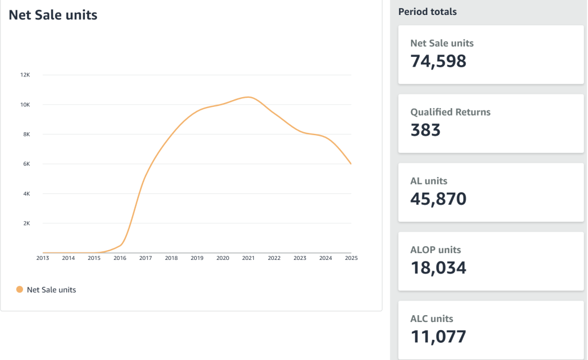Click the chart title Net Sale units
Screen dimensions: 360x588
pyautogui.click(x=53, y=16)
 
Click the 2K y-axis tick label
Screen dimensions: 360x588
pyautogui.click(x=26, y=223)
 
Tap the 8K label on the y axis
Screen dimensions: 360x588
pyautogui.click(x=26, y=134)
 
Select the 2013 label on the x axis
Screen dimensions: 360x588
pyautogui.click(x=42, y=258)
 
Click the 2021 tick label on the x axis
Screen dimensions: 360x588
pyautogui.click(x=248, y=258)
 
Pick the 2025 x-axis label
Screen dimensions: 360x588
pyautogui.click(x=351, y=258)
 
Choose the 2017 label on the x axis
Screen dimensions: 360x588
pyautogui.click(x=145, y=258)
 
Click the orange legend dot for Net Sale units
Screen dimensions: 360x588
pyautogui.click(x=20, y=290)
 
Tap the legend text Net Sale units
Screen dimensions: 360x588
pyautogui.click(x=51, y=290)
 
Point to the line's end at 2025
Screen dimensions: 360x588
pyautogui.click(x=351, y=164)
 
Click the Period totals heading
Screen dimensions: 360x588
pyautogui.click(x=427, y=12)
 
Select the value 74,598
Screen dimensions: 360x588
pyautogui.click(x=438, y=61)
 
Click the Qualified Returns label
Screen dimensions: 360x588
pyautogui.click(x=450, y=112)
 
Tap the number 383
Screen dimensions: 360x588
pyautogui.click(x=425, y=130)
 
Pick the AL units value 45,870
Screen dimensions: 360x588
pyautogui.click(x=438, y=199)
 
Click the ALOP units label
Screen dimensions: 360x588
pyautogui.click(x=435, y=250)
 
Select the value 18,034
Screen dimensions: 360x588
pyautogui.click(x=438, y=268)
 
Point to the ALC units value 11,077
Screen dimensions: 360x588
pyautogui.click(x=438, y=336)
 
